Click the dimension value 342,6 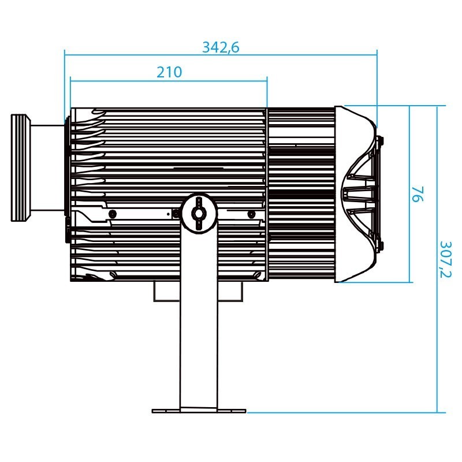click(220, 47)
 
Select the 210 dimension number click(169, 72)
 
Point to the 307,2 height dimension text click(445, 259)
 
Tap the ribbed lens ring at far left click(20, 167)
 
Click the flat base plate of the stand click(199, 411)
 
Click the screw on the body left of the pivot click(112, 214)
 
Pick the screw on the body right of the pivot click(251, 214)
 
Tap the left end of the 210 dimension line click(70, 80)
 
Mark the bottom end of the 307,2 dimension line click(437, 412)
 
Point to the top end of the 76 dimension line click(410, 106)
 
